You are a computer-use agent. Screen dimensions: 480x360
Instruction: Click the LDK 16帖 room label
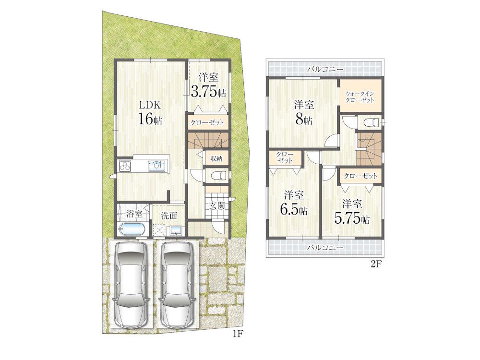(150, 112)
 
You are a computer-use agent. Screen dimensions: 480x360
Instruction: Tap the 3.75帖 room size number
(209, 91)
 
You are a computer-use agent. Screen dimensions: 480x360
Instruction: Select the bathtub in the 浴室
(133, 229)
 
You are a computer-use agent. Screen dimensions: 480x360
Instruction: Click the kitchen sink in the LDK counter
(157, 166)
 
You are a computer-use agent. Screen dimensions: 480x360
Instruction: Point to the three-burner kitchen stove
(125, 166)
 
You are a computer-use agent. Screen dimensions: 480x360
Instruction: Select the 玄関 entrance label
(217, 205)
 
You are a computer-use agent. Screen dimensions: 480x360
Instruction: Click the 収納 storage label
(216, 158)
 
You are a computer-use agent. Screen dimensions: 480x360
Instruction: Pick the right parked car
(178, 285)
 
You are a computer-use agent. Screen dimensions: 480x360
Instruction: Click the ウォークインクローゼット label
(360, 97)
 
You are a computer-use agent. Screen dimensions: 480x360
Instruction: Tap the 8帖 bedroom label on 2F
(304, 112)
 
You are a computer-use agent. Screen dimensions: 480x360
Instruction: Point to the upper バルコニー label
(325, 69)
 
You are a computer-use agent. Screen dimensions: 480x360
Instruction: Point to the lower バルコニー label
(325, 248)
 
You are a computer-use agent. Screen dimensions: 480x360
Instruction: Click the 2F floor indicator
(376, 264)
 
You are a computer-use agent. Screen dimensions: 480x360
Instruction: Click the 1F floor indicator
(238, 334)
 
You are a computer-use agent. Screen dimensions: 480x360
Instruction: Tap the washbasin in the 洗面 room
(176, 230)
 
